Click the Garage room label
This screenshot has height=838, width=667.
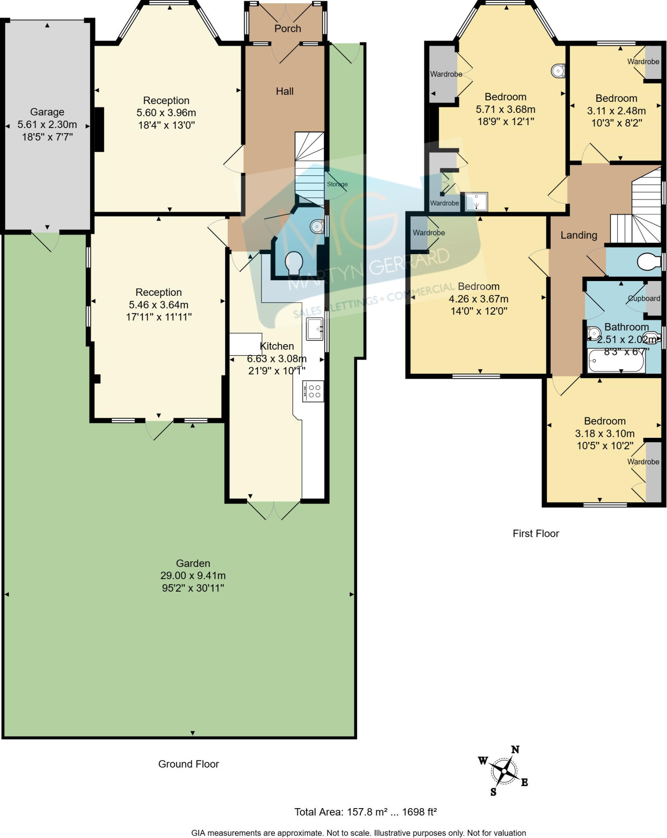coord(47,112)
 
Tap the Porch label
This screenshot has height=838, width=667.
coord(288,29)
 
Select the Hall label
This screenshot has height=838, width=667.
coord(284,91)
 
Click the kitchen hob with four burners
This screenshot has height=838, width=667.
coord(313,391)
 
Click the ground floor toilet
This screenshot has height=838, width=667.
coord(294,262)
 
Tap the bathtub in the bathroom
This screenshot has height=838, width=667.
coord(616,360)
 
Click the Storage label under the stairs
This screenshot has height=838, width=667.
coord(337,184)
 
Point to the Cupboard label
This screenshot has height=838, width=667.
coord(644,298)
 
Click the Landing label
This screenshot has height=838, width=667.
coord(579,235)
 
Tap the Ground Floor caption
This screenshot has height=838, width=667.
coord(189,764)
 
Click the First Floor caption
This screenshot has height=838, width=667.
coord(536,534)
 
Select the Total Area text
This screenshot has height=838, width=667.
coord(365,812)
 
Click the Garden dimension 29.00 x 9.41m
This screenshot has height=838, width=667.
coord(193,576)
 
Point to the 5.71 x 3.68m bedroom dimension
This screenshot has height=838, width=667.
coord(505,109)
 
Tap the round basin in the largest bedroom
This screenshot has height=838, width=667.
coord(558,71)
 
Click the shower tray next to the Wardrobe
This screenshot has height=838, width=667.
coord(476,202)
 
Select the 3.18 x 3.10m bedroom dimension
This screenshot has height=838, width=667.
coord(605,433)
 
